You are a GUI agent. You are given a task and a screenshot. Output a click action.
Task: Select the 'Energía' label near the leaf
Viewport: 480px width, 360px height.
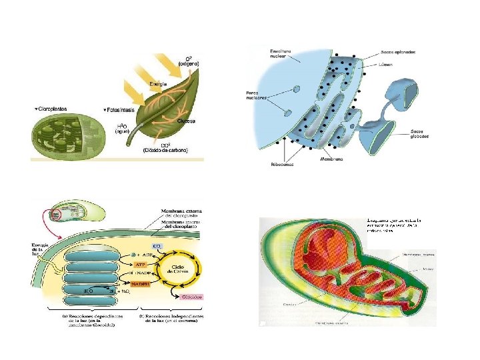point(158,84)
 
